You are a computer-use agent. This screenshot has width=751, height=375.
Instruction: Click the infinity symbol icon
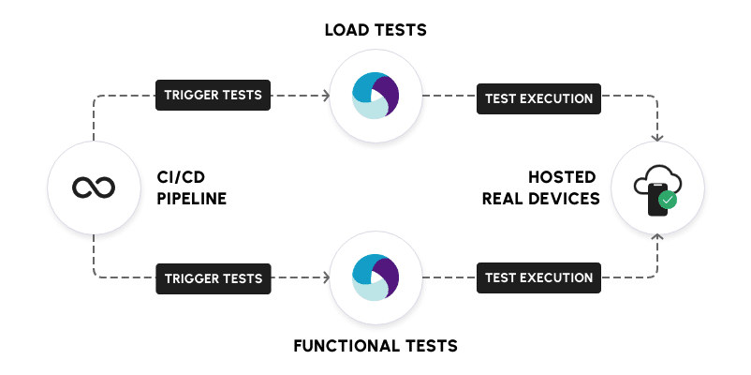tap(94, 188)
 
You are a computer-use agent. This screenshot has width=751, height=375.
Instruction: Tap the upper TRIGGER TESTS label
tap(213, 95)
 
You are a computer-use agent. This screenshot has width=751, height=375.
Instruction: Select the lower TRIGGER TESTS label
tap(213, 277)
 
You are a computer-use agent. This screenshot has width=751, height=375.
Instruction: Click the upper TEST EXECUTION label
tap(537, 97)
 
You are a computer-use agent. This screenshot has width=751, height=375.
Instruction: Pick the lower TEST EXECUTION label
tap(537, 277)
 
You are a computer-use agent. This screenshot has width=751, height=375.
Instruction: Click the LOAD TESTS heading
tap(375, 30)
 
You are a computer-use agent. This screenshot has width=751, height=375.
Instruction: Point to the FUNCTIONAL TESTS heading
tap(375, 346)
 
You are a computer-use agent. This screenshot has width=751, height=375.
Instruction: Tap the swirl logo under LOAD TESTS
tap(375, 96)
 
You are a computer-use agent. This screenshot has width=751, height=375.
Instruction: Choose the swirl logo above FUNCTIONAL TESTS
tap(375, 278)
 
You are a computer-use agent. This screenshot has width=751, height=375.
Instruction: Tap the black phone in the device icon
tap(656, 200)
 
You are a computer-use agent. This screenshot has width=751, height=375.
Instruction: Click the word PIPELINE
tap(192, 199)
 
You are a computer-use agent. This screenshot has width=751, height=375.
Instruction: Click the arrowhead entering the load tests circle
tap(326, 96)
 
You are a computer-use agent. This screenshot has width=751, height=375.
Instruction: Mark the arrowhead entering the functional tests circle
tap(326, 278)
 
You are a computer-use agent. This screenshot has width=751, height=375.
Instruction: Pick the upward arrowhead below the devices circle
tap(657, 238)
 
